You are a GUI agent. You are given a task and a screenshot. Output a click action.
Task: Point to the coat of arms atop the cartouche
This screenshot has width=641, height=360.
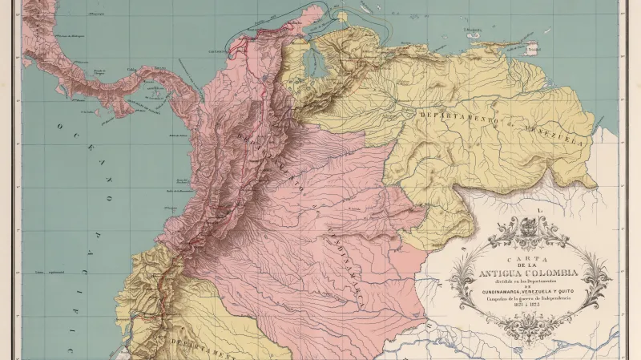point(530,225)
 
